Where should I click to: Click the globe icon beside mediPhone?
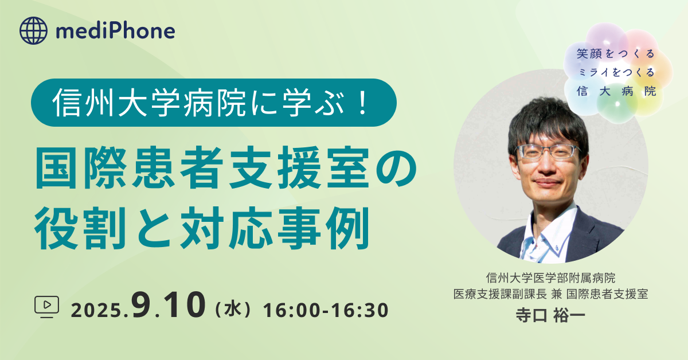point(33,30)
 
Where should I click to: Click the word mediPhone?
point(115,31)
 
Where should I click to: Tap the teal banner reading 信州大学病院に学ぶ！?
point(214,103)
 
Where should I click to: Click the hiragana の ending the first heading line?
point(396,168)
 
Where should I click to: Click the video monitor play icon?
point(46,307)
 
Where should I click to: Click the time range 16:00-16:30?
point(326,310)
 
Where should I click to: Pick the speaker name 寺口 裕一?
point(550,315)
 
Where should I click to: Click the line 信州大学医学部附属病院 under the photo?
point(550,278)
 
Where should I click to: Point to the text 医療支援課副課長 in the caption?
point(500,294)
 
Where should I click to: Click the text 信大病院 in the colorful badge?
point(616,91)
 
